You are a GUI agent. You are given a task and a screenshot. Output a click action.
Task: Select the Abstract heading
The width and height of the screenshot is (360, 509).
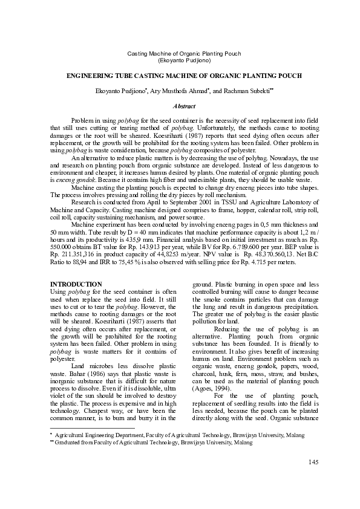tap(180, 106)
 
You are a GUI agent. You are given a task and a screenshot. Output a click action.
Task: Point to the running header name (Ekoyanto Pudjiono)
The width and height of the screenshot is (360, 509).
tap(180, 61)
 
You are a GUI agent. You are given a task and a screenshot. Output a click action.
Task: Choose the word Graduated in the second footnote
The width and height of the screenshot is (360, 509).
tap(72, 443)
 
